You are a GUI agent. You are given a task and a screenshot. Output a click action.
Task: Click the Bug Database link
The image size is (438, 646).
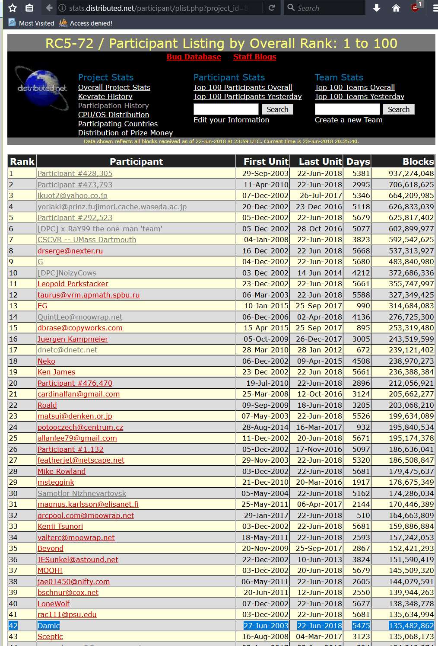pos(194,57)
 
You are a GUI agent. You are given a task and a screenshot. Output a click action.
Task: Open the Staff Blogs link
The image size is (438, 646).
pos(254,57)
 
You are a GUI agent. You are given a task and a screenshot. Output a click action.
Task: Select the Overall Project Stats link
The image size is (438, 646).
pos(114,87)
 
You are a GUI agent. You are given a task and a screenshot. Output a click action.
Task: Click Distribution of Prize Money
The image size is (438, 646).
pos(125,133)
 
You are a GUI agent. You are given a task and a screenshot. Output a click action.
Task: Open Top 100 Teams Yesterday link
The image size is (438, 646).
pos(359,96)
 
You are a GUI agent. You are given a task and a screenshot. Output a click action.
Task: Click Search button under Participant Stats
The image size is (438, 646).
pos(277,109)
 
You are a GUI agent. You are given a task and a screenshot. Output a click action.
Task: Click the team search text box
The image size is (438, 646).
pos(347,109)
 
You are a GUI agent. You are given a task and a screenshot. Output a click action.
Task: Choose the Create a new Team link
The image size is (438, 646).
pos(349,120)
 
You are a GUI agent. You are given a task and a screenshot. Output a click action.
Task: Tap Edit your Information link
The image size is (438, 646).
pos(231,120)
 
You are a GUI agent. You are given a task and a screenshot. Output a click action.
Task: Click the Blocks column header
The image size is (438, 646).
pos(418,162)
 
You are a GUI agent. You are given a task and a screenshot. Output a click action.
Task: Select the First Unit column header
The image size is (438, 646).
pos(266,162)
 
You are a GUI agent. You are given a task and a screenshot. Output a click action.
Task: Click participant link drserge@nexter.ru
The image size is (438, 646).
pos(70,251)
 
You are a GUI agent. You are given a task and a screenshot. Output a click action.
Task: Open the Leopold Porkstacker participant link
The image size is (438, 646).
pos(73,284)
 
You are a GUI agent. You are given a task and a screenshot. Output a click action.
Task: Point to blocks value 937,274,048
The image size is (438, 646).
pos(411,173)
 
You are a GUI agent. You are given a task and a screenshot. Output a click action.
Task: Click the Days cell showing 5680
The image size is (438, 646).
pos(361,262)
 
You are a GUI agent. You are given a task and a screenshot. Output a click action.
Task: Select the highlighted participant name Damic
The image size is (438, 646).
pos(48,626)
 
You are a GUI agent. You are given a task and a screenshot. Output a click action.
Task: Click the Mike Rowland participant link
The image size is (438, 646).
pos(61,471)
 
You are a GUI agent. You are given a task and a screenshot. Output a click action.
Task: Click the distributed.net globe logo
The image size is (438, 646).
pos(42,88)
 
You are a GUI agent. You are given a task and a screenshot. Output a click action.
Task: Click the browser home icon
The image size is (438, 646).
pos(396,8)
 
